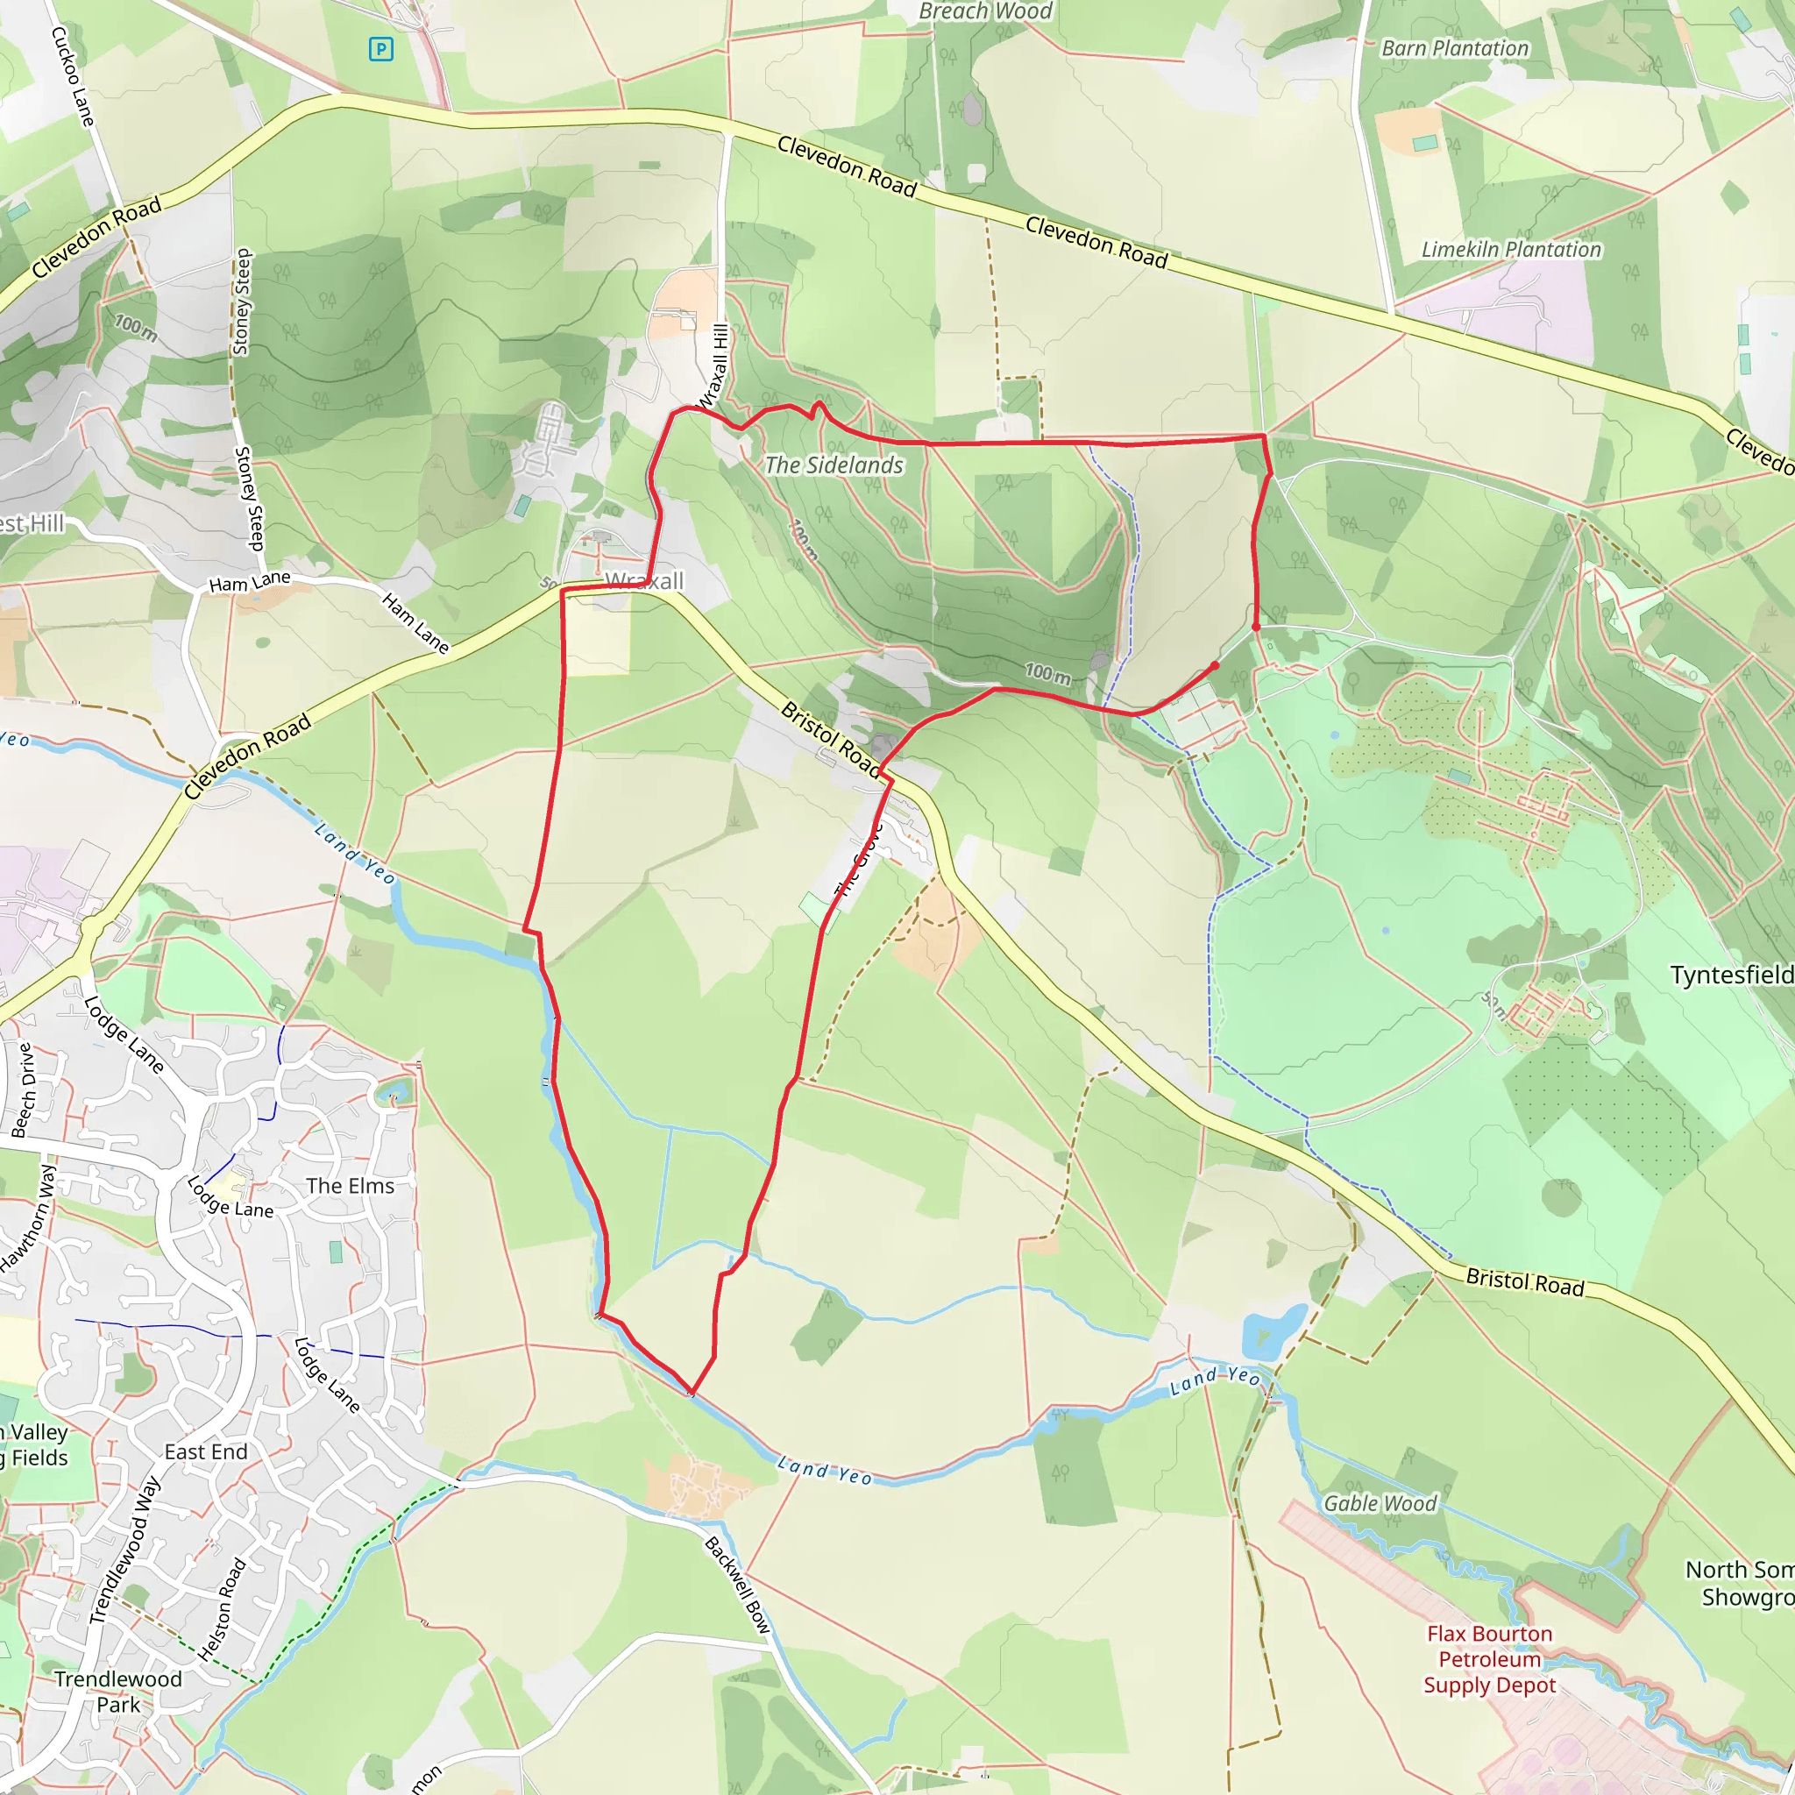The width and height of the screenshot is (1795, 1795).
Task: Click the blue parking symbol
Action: click(x=380, y=49)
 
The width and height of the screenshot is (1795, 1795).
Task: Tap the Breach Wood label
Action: click(x=985, y=11)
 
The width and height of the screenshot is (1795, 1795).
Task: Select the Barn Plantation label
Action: click(x=1454, y=48)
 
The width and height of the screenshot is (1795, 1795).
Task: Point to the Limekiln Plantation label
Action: click(x=1511, y=249)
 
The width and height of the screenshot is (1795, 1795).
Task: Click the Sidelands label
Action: click(x=834, y=465)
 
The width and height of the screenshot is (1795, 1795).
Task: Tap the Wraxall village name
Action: click(x=644, y=581)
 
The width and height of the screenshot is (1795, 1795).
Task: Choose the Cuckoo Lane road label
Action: click(x=73, y=76)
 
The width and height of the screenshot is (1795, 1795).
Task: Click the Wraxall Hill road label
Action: click(x=714, y=366)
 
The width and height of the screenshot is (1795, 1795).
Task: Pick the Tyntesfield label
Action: click(x=1731, y=975)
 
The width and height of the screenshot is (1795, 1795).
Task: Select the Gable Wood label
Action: click(x=1380, y=1503)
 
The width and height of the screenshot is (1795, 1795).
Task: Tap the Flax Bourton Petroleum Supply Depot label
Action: click(x=1489, y=1659)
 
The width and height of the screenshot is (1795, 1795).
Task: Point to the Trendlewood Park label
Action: click(x=118, y=1691)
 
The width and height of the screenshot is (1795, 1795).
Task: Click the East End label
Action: click(x=205, y=1452)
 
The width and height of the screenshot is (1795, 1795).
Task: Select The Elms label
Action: click(x=351, y=1187)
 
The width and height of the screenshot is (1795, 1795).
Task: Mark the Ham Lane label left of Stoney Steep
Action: click(x=249, y=582)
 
